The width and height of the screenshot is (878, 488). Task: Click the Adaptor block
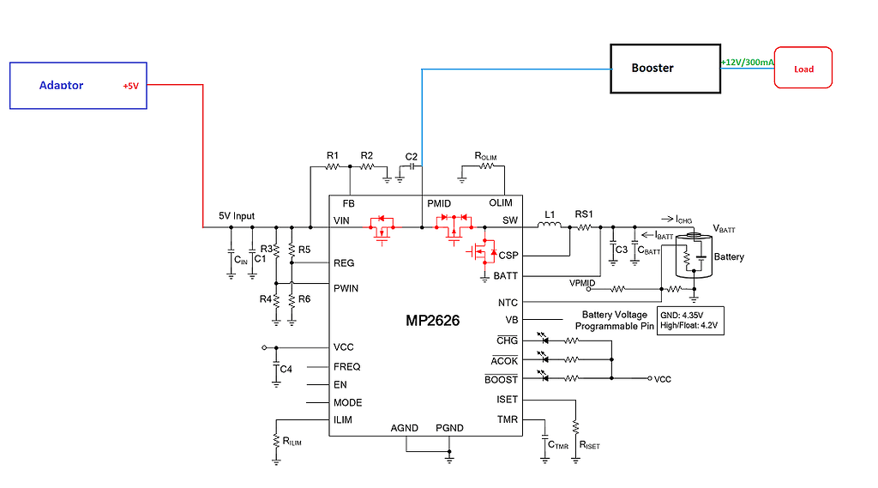[x=78, y=85]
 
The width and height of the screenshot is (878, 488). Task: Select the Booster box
[x=664, y=68]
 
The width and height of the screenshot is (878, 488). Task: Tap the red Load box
[x=803, y=68]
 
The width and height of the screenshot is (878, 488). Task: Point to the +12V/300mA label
[x=747, y=63]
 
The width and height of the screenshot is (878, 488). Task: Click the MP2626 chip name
[x=432, y=322]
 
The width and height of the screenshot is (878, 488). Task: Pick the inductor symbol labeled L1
[x=549, y=226]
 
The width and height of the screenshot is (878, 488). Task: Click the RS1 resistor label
[x=584, y=214]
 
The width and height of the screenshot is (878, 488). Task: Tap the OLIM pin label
[x=501, y=203]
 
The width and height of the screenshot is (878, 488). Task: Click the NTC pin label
[x=508, y=302]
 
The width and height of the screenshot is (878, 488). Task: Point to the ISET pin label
[x=507, y=400]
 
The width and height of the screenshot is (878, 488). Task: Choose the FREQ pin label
[x=347, y=366]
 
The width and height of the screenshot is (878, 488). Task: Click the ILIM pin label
[x=343, y=419]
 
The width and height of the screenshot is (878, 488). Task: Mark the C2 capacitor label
[x=412, y=156]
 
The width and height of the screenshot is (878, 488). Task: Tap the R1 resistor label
[x=333, y=155]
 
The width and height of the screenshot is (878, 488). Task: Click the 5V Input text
[x=237, y=216]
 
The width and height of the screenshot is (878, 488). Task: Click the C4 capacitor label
[x=286, y=369]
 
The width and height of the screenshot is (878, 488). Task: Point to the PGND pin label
[x=449, y=427]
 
